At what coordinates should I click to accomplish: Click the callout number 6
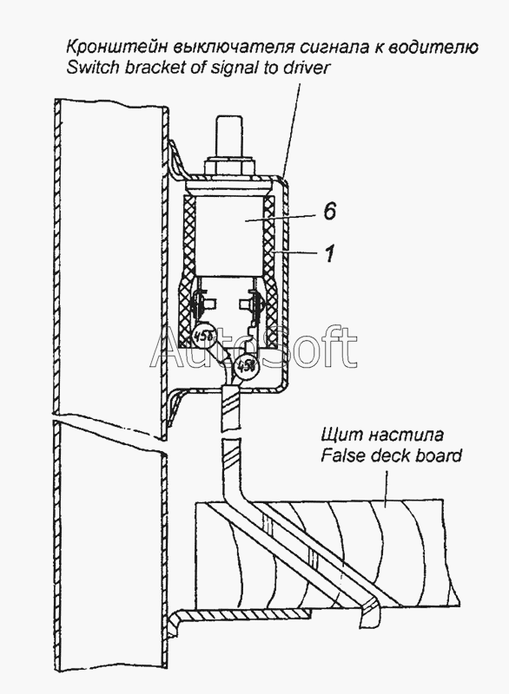click(328, 211)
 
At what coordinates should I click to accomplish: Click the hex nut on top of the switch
click(229, 166)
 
